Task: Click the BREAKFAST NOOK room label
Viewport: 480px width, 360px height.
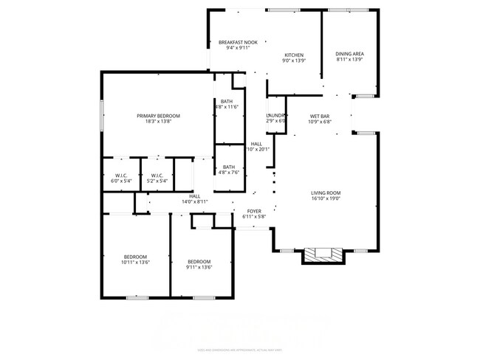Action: pos(237,43)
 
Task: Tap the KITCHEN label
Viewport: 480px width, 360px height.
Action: pos(295,55)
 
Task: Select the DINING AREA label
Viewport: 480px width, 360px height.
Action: pos(349,54)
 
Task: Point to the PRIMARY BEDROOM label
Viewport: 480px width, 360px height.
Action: pos(158,116)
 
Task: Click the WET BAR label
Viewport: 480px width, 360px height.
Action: pos(319,116)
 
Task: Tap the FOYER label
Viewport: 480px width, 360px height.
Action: pos(253,211)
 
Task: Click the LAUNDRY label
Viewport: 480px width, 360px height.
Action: pos(275,116)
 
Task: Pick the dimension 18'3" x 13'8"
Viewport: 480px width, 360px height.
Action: pos(158,122)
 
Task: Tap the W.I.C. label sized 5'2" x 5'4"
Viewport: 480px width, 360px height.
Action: pos(157,175)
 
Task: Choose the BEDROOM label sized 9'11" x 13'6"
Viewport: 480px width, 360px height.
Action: pos(199,262)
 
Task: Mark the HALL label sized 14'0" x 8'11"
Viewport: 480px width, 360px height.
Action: pos(194,196)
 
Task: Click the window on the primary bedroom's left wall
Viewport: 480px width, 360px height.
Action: pos(101,115)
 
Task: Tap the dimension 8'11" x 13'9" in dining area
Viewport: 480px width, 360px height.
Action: pos(349,60)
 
